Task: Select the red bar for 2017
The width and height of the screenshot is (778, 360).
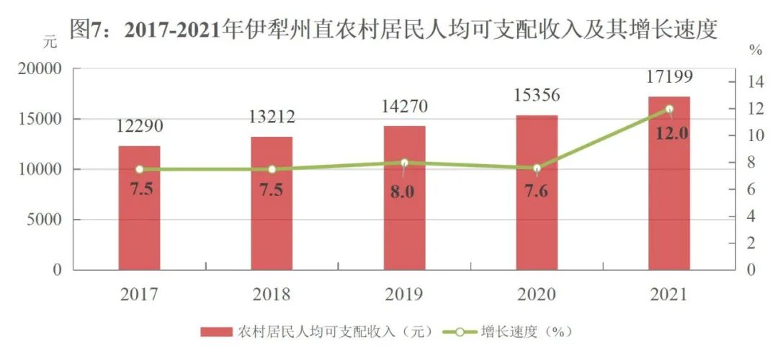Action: point(139,216)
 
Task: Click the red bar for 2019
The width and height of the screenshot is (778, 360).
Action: point(404,216)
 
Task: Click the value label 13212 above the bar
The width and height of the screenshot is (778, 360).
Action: point(272,117)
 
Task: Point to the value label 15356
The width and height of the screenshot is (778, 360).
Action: point(537,95)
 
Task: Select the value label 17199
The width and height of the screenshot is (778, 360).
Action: point(669,76)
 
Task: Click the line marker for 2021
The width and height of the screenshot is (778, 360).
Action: point(669,109)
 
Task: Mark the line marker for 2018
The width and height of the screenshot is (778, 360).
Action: point(272,169)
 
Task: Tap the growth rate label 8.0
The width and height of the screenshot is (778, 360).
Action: point(404,192)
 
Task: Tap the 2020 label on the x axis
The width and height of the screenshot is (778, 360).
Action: point(537,294)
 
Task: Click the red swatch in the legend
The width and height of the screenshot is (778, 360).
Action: point(217,331)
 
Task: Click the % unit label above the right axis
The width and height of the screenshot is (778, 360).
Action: point(754,50)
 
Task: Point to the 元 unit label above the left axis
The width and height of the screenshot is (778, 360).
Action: point(49,41)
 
